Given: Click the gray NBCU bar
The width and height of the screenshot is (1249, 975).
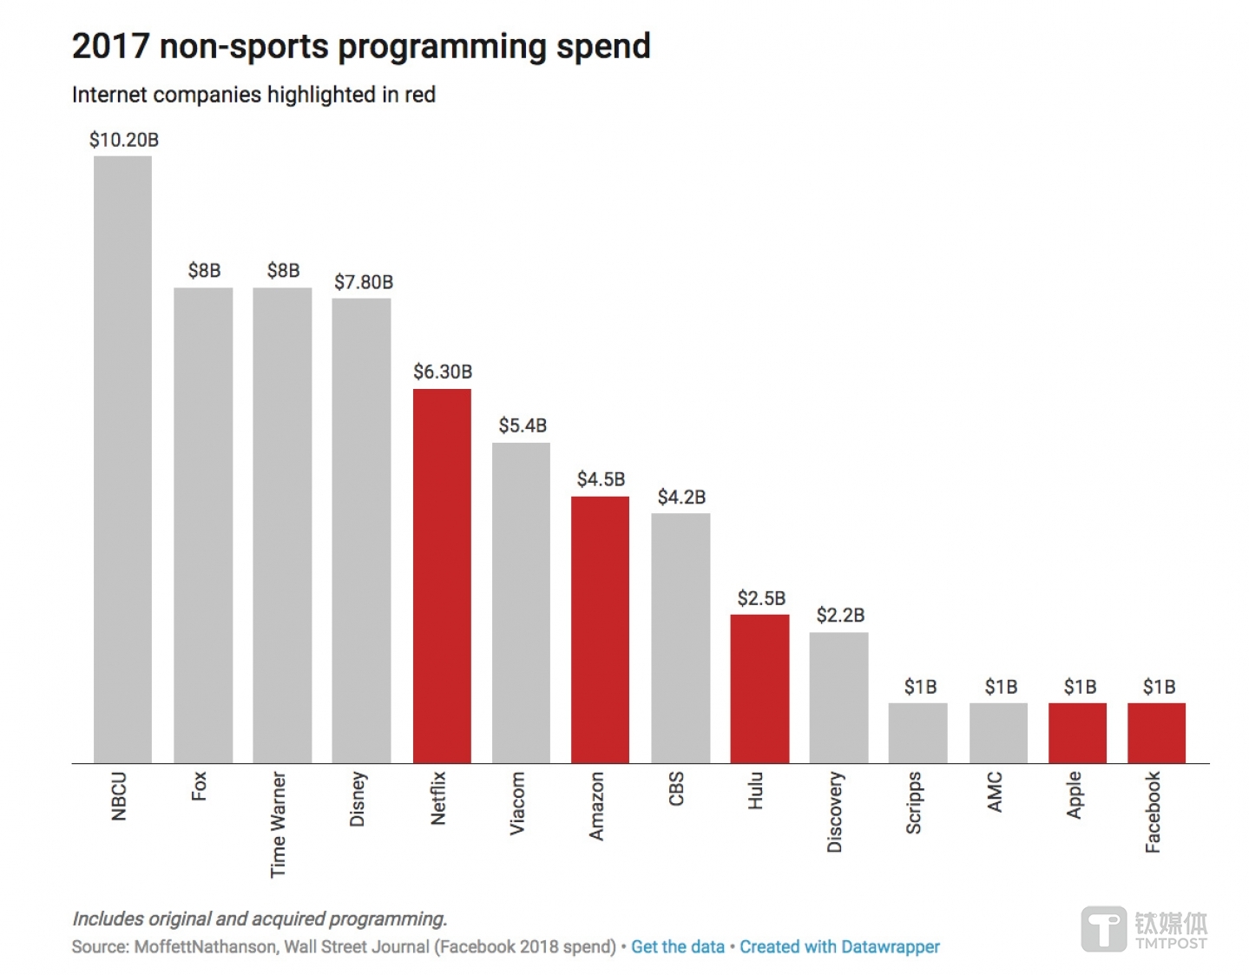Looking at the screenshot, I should [x=122, y=459].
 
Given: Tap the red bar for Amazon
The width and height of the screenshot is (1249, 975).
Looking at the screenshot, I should [x=600, y=629].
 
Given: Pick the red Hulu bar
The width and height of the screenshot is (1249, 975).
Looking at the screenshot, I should [x=759, y=688].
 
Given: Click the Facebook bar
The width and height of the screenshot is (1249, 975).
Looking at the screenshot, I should [x=1156, y=733].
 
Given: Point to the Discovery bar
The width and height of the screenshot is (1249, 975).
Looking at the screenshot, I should [x=838, y=697].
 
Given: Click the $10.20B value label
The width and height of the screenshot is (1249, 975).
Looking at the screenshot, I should [x=124, y=140].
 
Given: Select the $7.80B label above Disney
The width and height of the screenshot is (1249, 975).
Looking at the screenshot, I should [x=364, y=282].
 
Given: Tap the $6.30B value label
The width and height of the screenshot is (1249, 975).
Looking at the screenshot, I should [x=443, y=372].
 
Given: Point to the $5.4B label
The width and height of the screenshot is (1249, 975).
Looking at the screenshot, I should [x=523, y=425].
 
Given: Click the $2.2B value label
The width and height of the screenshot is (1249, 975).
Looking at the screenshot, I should [x=840, y=616].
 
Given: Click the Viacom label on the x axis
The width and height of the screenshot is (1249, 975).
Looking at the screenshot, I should [x=517, y=803].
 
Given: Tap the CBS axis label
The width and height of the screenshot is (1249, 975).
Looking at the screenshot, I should [x=676, y=788].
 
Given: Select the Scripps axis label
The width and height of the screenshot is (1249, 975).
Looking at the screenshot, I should [x=914, y=803].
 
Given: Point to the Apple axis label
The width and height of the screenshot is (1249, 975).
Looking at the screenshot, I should [x=1075, y=794].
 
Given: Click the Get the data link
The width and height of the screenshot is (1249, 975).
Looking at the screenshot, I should [x=677, y=946].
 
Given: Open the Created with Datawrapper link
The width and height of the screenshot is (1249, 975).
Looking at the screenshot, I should [x=839, y=946].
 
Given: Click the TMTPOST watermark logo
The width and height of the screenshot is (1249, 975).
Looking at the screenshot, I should [x=1144, y=929].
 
